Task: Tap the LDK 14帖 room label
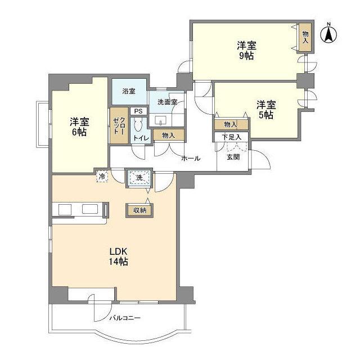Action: tap(119, 256)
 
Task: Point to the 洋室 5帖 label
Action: tap(266, 109)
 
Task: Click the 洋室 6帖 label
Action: tap(79, 127)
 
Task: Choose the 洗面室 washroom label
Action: tap(166, 102)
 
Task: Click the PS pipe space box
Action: tap(138, 111)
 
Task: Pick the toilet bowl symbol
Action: tap(138, 125)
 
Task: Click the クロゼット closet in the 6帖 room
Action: tap(118, 126)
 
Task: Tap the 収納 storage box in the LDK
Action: tap(139, 210)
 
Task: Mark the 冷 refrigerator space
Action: tap(102, 176)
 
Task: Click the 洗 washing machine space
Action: tap(138, 179)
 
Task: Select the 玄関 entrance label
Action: tap(233, 157)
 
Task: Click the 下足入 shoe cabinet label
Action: tap(231, 137)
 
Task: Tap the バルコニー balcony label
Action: tap(125, 318)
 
